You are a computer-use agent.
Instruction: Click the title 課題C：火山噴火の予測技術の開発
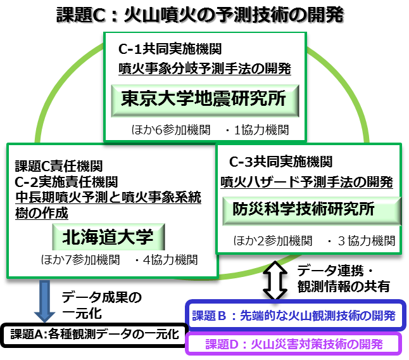tap(199, 15)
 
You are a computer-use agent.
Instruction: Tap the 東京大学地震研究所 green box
tap(203, 99)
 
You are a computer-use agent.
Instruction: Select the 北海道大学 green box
tap(108, 238)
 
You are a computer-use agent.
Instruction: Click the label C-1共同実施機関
tap(170, 48)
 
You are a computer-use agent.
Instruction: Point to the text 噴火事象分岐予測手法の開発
tap(204, 68)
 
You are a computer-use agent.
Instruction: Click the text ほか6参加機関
tap(167, 130)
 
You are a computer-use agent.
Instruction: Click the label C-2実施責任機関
tap(66, 182)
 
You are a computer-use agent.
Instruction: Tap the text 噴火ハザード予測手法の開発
tap(306, 182)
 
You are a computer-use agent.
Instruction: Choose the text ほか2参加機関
tap(273, 241)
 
